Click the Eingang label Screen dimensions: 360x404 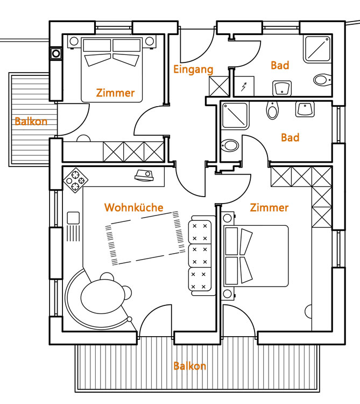click(193, 69)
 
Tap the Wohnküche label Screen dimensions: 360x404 click(134, 207)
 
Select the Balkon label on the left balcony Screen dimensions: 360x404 click(31, 121)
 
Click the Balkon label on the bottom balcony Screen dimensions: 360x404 click(190, 366)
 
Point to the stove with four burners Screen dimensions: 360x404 click(75, 180)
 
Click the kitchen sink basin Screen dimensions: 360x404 click(73, 218)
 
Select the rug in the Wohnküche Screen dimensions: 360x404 click(145, 238)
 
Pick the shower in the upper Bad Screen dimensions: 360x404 click(317, 49)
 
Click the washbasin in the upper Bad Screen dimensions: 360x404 click(282, 88)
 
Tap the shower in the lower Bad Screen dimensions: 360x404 click(235, 116)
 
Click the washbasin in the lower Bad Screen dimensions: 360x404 click(305, 109)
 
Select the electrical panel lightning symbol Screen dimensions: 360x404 click(243, 87)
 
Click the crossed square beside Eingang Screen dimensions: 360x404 click(218, 86)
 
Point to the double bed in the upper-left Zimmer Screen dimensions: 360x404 click(112, 69)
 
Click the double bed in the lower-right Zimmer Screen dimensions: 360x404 click(256, 256)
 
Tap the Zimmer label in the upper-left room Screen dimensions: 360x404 click(115, 93)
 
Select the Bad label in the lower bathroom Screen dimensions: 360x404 click(290, 137)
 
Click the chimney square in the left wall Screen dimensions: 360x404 click(56, 54)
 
